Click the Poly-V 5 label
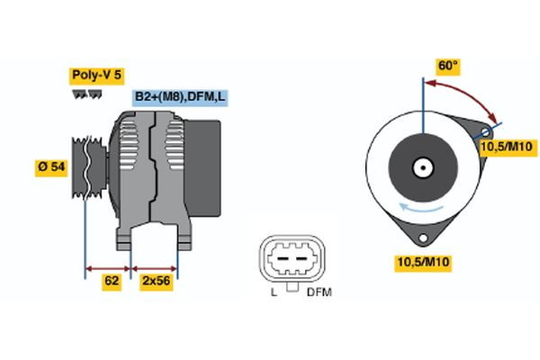click(95, 76)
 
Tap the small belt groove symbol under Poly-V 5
click(83, 94)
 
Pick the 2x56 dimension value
click(156, 281)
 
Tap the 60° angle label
click(447, 66)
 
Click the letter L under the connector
click(274, 292)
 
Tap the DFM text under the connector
click(319, 292)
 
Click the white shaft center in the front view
click(421, 167)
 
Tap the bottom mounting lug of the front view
click(421, 238)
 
